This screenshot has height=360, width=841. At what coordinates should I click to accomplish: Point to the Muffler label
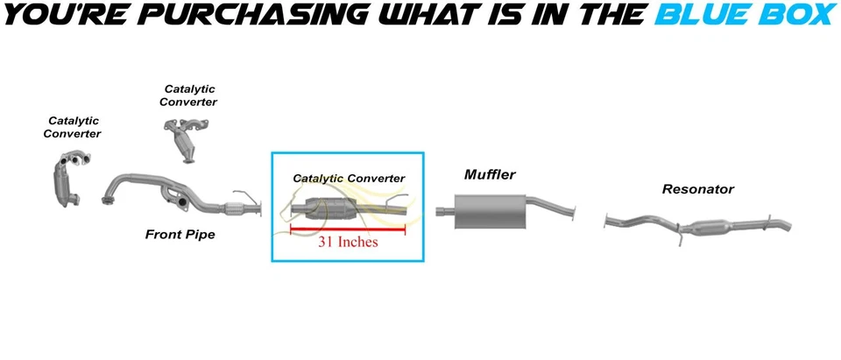[490, 175]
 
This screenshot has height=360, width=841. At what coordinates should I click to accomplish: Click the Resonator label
[698, 189]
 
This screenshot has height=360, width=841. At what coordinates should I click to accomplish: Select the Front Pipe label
[180, 235]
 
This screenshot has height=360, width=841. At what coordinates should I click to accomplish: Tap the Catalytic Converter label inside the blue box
[349, 179]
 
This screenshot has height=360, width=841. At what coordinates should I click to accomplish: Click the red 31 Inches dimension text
[348, 241]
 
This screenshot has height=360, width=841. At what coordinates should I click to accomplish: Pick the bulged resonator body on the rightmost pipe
[714, 225]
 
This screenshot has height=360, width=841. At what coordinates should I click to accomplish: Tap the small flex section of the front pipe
[234, 208]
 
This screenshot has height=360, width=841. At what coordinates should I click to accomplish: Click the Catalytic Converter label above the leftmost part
[72, 127]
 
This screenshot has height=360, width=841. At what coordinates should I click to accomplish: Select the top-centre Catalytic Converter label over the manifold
[190, 95]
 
